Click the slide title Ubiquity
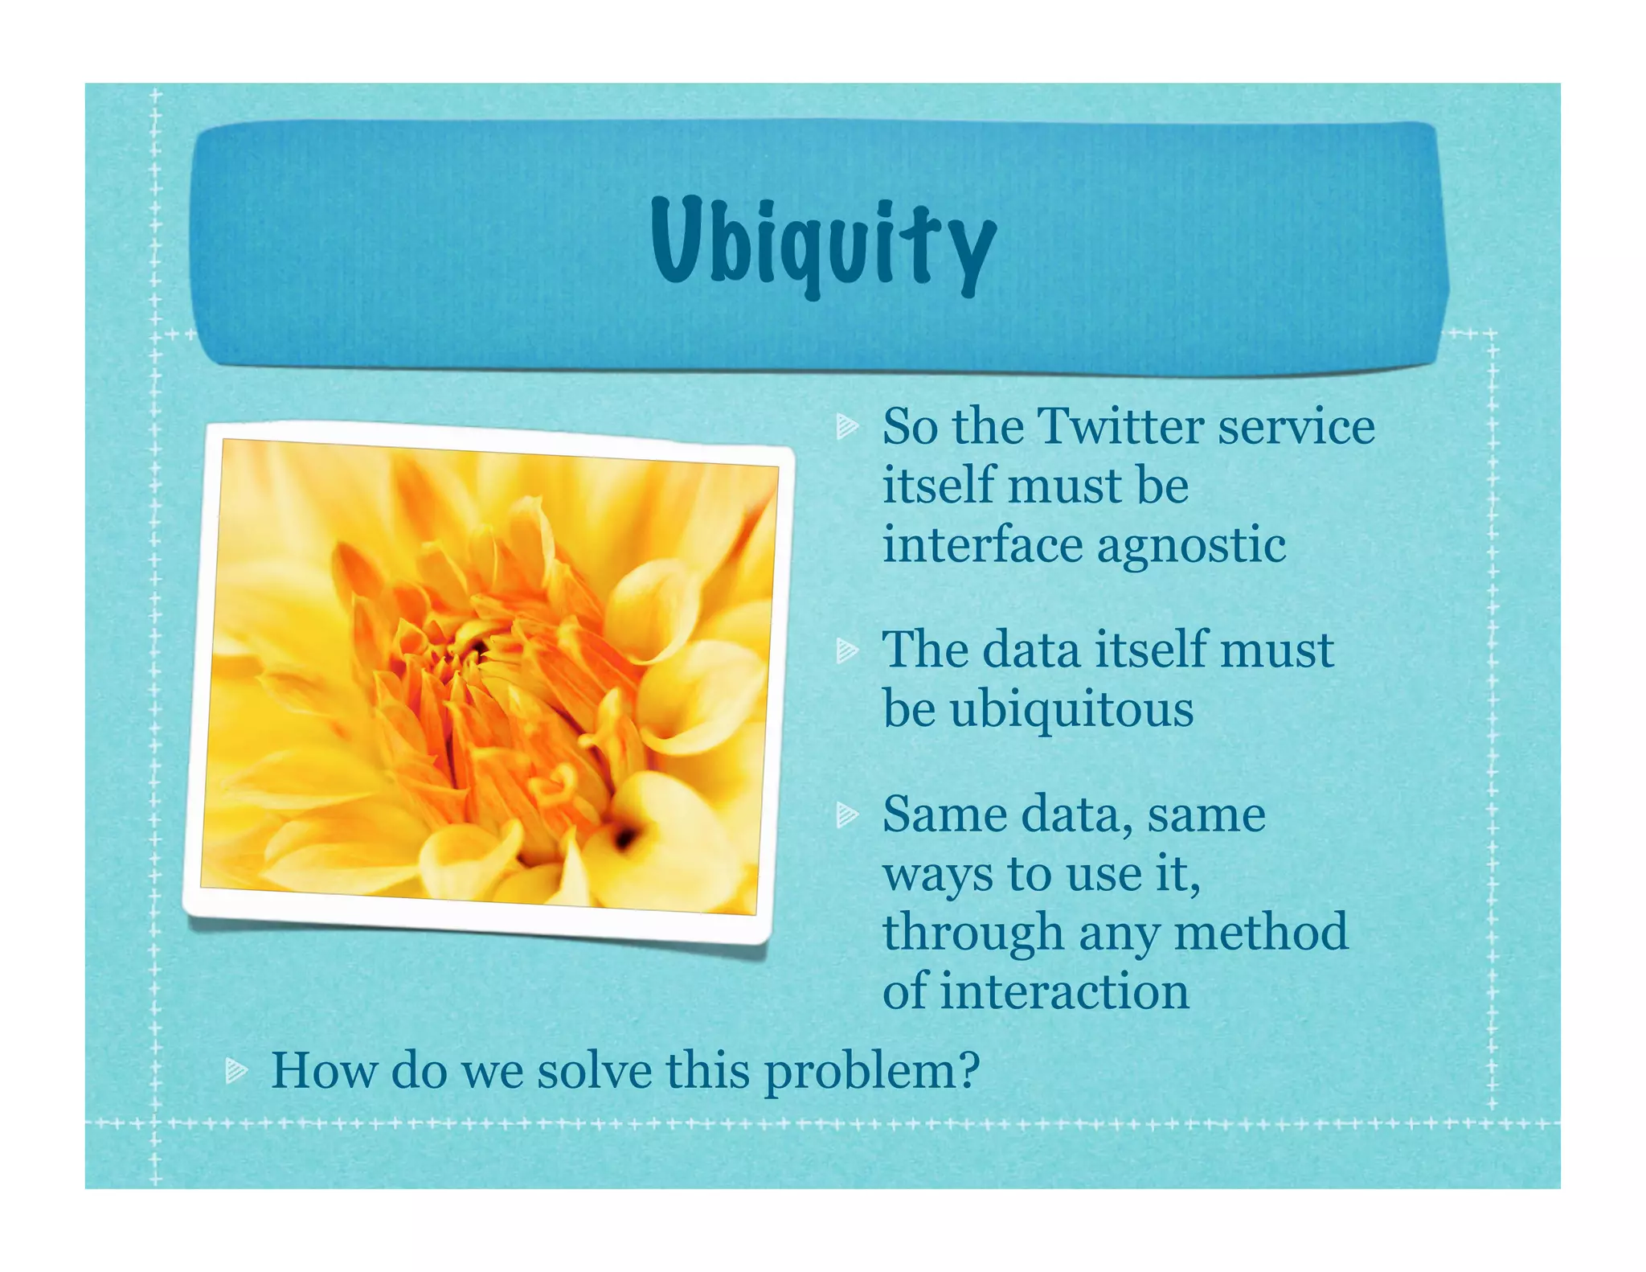click(823, 242)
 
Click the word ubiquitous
click(1071, 710)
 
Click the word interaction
click(1064, 991)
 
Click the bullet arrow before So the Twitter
click(846, 426)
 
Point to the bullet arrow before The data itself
click(846, 650)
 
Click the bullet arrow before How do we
click(235, 1070)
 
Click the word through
click(972, 933)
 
